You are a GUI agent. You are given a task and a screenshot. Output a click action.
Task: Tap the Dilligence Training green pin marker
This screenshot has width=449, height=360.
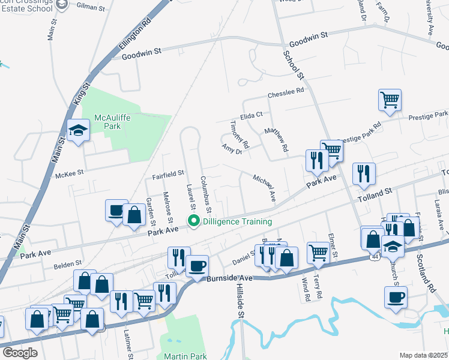click(193, 221)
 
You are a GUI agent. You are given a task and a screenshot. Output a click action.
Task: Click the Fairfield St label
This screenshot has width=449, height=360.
click(167, 173)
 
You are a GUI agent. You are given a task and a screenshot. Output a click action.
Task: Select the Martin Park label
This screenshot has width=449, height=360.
click(185, 356)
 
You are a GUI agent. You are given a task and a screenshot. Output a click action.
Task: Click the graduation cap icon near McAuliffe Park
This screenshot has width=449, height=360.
click(78, 131)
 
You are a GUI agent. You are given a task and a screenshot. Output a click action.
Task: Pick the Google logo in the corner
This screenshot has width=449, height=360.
click(20, 353)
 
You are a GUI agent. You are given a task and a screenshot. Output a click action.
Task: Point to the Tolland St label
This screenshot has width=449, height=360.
click(375, 191)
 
